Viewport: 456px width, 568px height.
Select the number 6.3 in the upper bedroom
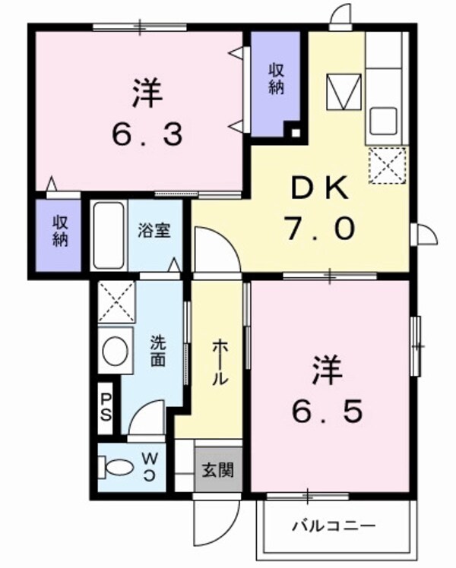coord(148,134)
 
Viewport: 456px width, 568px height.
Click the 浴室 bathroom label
coord(154,231)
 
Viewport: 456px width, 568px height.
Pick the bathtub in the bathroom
coord(108,235)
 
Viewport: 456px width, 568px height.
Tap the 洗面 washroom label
coord(157,350)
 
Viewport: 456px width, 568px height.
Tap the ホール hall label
coord(217,361)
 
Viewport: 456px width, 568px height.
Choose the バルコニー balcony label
coord(334,525)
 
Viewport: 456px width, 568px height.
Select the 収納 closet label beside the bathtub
coord(61,231)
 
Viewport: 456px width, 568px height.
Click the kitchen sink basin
coord(382,120)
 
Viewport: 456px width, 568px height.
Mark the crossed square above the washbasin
coord(116,300)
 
